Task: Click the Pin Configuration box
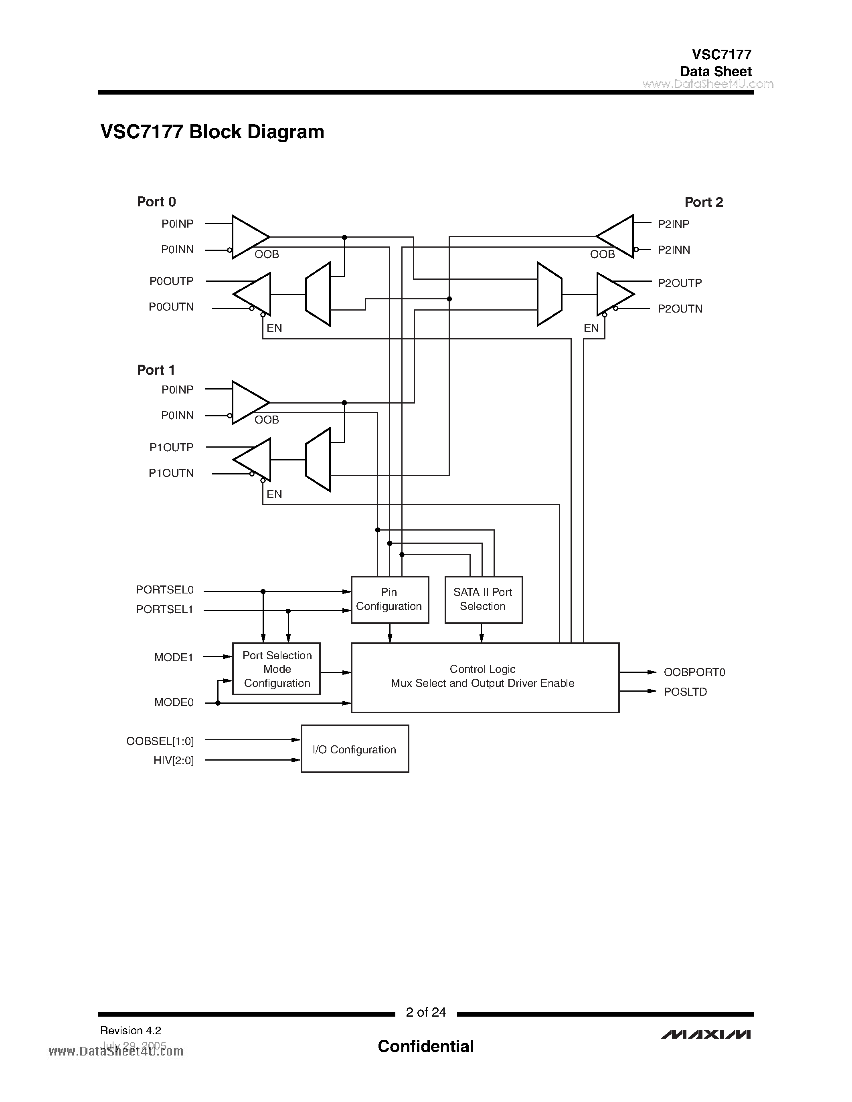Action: pos(389,599)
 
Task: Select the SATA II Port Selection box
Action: pos(483,599)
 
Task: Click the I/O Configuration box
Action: pos(354,749)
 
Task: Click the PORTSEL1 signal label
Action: pos(164,610)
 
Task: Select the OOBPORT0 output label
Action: pos(694,672)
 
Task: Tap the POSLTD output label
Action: pos(685,692)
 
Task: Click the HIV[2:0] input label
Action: pos(174,761)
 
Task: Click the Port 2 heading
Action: pos(703,202)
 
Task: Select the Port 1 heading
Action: pos(156,370)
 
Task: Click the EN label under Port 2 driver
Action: pos(591,328)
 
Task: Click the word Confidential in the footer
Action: pos(425,1046)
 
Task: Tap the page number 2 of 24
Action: pos(425,1012)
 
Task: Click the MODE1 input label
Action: pos(174,658)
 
